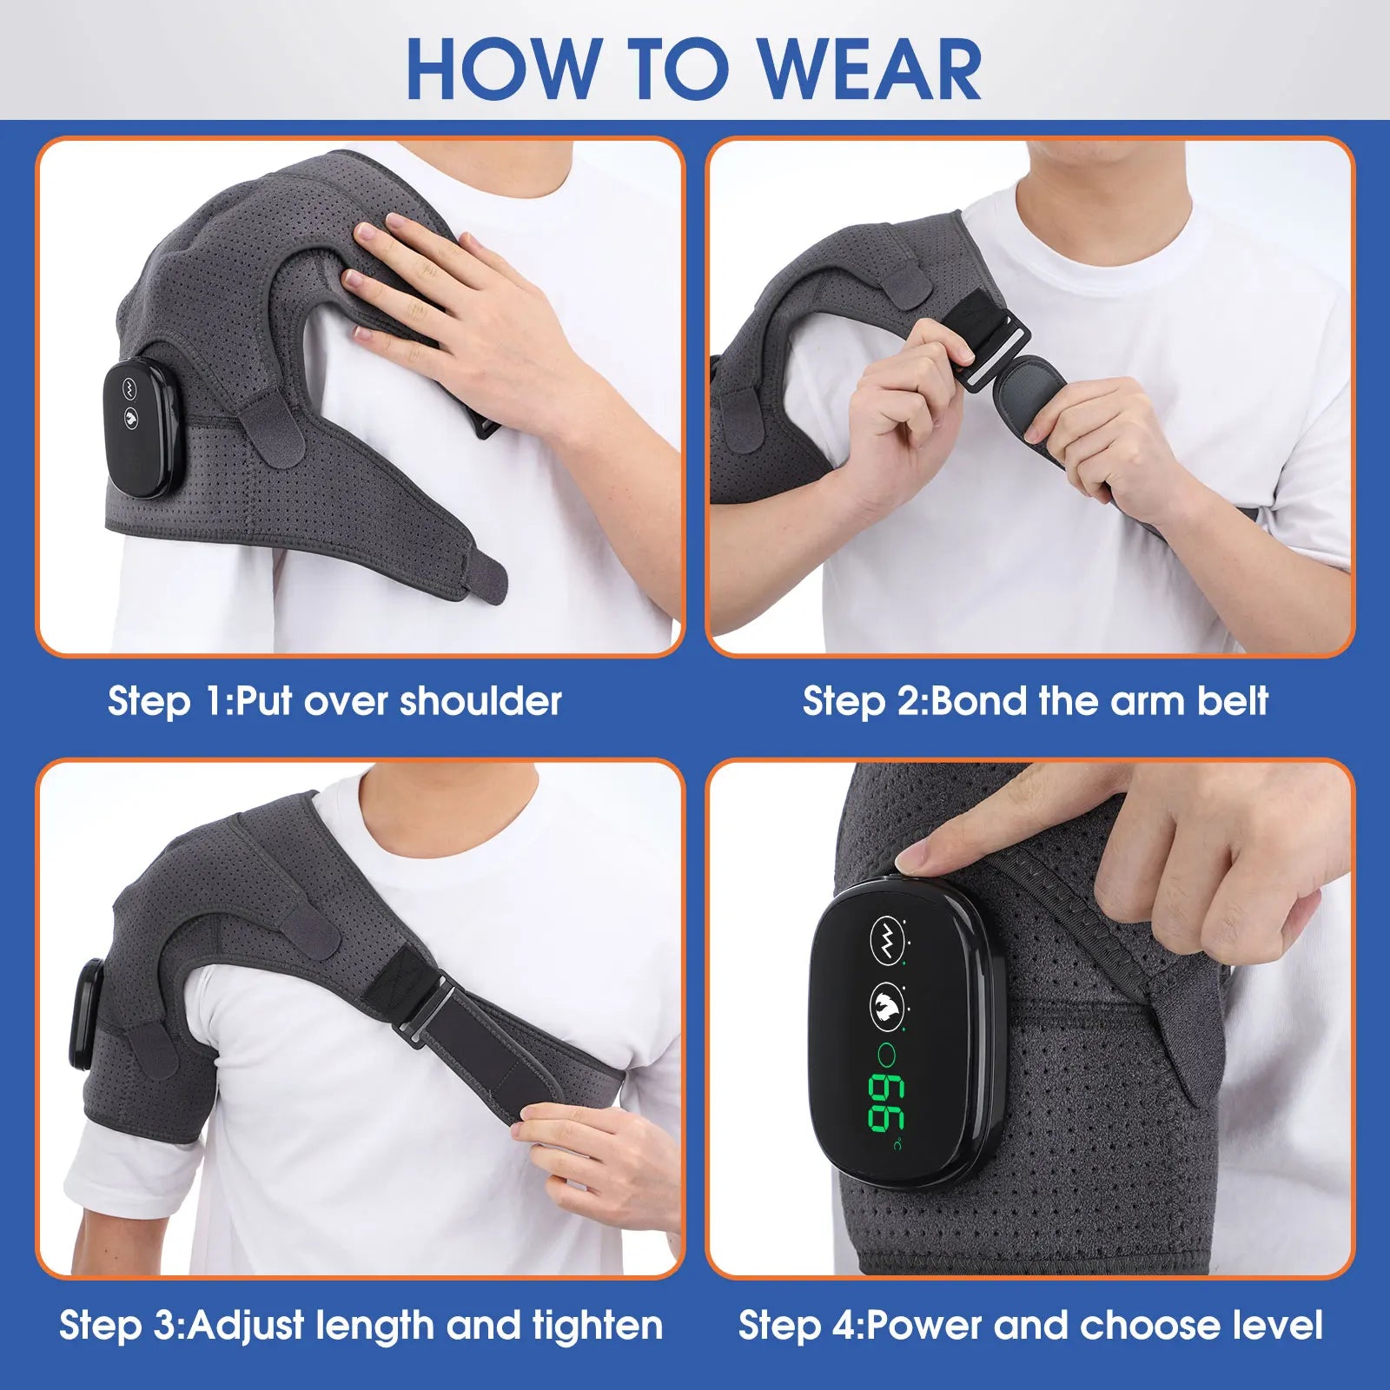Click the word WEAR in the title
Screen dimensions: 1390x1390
[871, 69]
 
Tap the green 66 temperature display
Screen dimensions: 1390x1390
[886, 1103]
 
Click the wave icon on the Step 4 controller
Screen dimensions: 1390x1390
[886, 938]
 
